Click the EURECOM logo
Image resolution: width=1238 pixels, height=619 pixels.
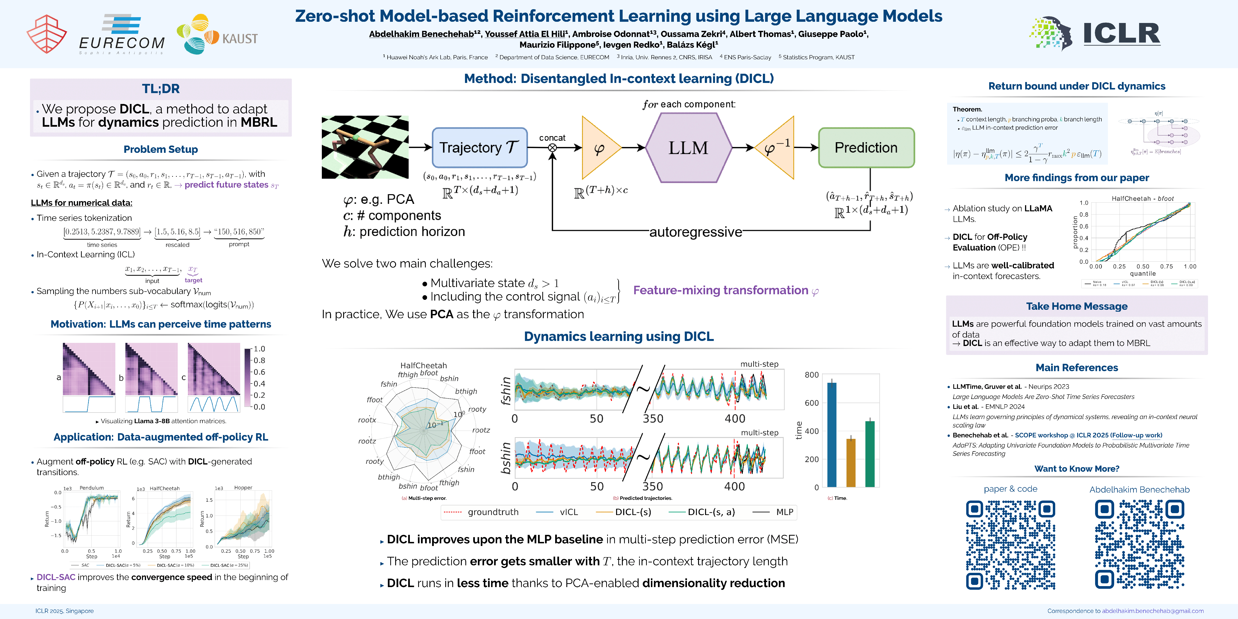coord(122,35)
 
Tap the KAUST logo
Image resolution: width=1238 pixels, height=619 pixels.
coord(217,35)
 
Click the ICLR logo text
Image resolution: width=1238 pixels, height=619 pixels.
coord(1121,34)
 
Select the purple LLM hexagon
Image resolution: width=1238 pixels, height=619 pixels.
coord(688,147)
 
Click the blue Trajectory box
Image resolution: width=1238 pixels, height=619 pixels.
coord(479,147)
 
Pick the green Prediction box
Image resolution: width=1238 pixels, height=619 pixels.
coord(866,147)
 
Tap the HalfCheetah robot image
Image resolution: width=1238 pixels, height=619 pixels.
coord(365,147)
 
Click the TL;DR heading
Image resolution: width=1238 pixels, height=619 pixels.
coord(161,89)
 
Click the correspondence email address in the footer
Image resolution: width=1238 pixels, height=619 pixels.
coord(1152,611)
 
